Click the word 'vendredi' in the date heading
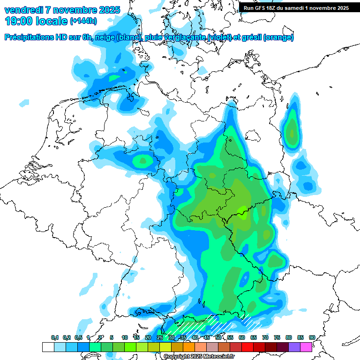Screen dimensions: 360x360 23,10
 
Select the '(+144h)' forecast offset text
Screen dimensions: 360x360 83,21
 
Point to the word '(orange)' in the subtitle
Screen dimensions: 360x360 278,37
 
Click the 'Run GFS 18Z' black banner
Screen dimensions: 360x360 296,8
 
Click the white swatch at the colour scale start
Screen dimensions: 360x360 48,347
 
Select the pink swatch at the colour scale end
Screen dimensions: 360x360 306,347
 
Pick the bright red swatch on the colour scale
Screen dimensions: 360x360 247,347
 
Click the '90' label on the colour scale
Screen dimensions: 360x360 312,337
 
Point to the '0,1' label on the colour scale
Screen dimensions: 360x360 55,337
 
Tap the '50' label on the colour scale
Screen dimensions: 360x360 218,337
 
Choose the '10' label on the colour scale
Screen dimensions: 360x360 125,337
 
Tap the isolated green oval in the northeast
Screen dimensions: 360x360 292,128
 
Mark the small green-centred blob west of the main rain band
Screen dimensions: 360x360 142,161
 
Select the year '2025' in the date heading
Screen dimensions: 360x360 105,10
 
